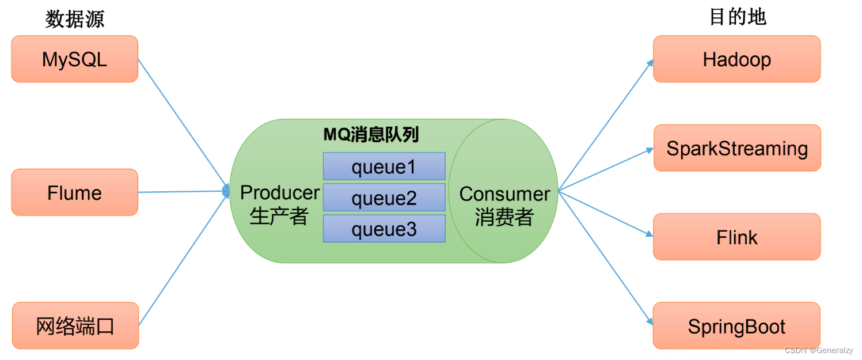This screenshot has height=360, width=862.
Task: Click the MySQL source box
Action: coord(74,59)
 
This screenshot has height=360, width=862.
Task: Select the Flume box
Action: coord(74,192)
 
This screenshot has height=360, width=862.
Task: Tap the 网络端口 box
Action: coord(75,326)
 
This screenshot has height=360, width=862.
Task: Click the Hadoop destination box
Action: coord(736,59)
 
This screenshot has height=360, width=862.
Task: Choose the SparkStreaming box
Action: coord(737,148)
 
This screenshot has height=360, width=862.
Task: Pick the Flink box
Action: coord(736,237)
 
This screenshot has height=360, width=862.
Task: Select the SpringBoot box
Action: coord(736,326)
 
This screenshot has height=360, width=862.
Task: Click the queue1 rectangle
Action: coord(384,166)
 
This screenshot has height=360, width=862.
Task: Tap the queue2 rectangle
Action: coord(384,198)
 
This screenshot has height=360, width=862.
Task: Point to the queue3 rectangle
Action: coord(384,229)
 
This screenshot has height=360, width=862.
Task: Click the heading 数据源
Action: coord(75,19)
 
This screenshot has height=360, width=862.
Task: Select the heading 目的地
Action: coord(737,17)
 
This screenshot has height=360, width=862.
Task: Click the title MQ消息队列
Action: coord(370,135)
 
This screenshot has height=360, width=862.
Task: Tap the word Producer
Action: coord(280,192)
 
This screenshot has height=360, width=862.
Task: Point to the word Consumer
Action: coord(504,194)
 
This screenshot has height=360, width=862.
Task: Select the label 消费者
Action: coord(504,217)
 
